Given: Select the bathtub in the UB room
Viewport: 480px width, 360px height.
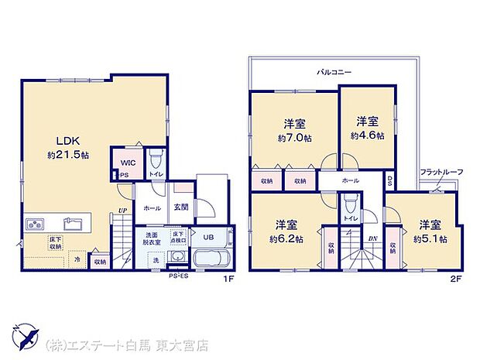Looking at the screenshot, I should click(210, 258).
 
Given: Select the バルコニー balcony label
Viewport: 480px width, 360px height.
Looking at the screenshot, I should click(334, 72).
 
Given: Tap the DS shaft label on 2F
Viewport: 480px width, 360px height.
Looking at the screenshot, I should click(389, 183).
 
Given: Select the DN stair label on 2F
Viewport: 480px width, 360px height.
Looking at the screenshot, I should click(372, 238).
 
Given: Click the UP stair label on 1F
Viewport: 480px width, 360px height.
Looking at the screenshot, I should click(122, 209).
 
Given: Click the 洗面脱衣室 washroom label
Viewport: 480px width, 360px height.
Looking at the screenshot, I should click(152, 238).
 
